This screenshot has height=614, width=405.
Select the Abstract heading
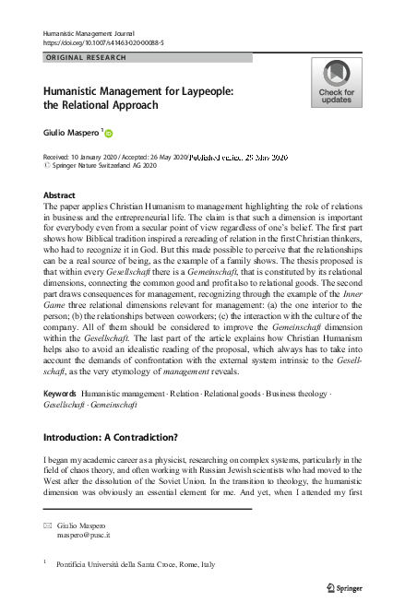point(60,195)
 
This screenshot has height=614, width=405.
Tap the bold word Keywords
point(60,393)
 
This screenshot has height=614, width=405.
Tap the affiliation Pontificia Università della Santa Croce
point(126,563)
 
